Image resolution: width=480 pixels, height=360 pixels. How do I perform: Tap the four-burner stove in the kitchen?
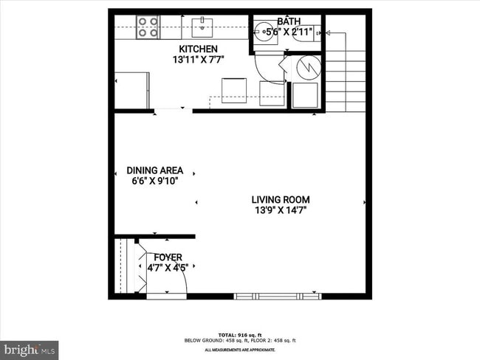pyautogui.click(x=148, y=27)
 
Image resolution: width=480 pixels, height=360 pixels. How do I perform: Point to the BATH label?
pyautogui.click(x=289, y=21)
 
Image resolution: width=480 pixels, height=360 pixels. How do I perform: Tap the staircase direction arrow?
pyautogui.click(x=329, y=32)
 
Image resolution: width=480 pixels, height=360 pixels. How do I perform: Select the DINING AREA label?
pyautogui.click(x=154, y=170)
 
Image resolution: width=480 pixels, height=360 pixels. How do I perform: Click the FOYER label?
pyautogui.click(x=168, y=257)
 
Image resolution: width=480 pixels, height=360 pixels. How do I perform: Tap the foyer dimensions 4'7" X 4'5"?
pyautogui.click(x=168, y=268)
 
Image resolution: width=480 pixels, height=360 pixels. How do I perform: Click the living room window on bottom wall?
pyautogui.click(x=278, y=296)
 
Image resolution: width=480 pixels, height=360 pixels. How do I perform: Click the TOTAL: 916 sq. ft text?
pyautogui.click(x=240, y=333)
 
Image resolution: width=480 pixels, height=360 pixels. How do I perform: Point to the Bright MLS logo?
pyautogui.click(x=30, y=348)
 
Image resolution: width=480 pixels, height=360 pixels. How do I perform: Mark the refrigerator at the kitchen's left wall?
pyautogui.click(x=132, y=89)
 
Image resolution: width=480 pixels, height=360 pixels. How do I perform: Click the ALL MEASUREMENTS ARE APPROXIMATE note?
pyautogui.click(x=240, y=349)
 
